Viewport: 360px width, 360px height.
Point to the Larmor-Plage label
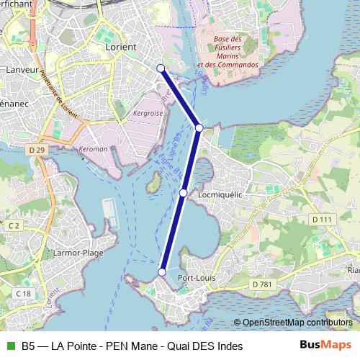coord(78,253)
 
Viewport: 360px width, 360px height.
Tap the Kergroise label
coord(148,113)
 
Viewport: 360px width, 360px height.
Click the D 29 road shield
coord(39,149)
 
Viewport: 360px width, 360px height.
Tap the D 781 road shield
coord(263,285)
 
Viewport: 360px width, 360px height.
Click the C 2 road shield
coord(14,225)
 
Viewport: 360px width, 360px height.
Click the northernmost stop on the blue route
coord(161,68)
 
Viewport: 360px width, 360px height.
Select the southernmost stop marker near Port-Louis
coord(162,272)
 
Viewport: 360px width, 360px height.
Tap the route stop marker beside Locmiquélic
coord(184,193)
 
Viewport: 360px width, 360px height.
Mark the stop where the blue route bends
coord(199,127)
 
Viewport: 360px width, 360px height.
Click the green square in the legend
coord(9,346)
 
